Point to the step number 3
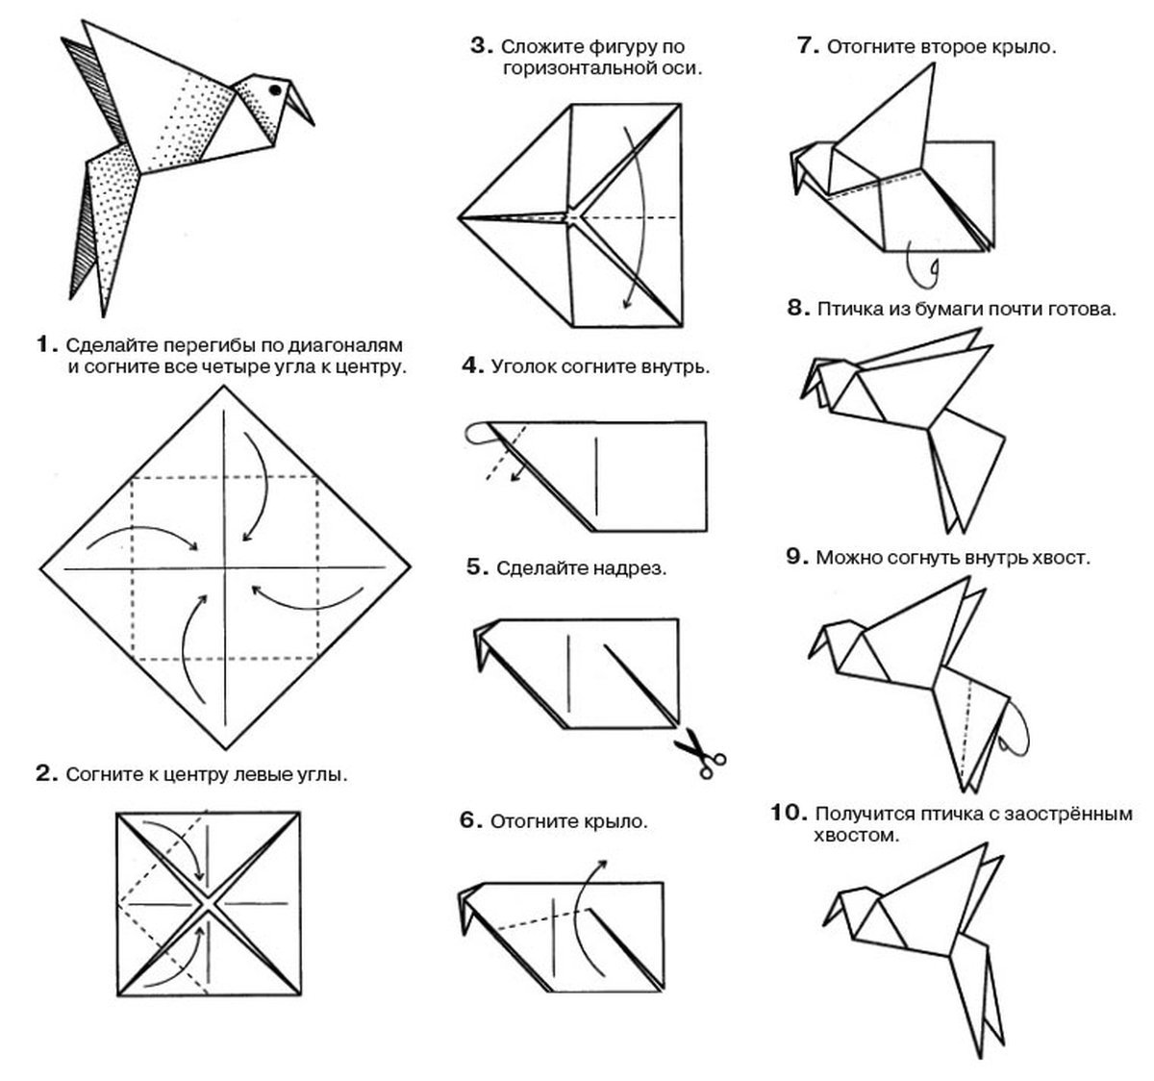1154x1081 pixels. point(481,45)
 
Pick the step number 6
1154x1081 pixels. point(468,820)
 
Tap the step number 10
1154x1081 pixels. point(788,814)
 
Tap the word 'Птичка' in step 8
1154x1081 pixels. point(846,311)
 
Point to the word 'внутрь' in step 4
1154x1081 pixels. point(678,366)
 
